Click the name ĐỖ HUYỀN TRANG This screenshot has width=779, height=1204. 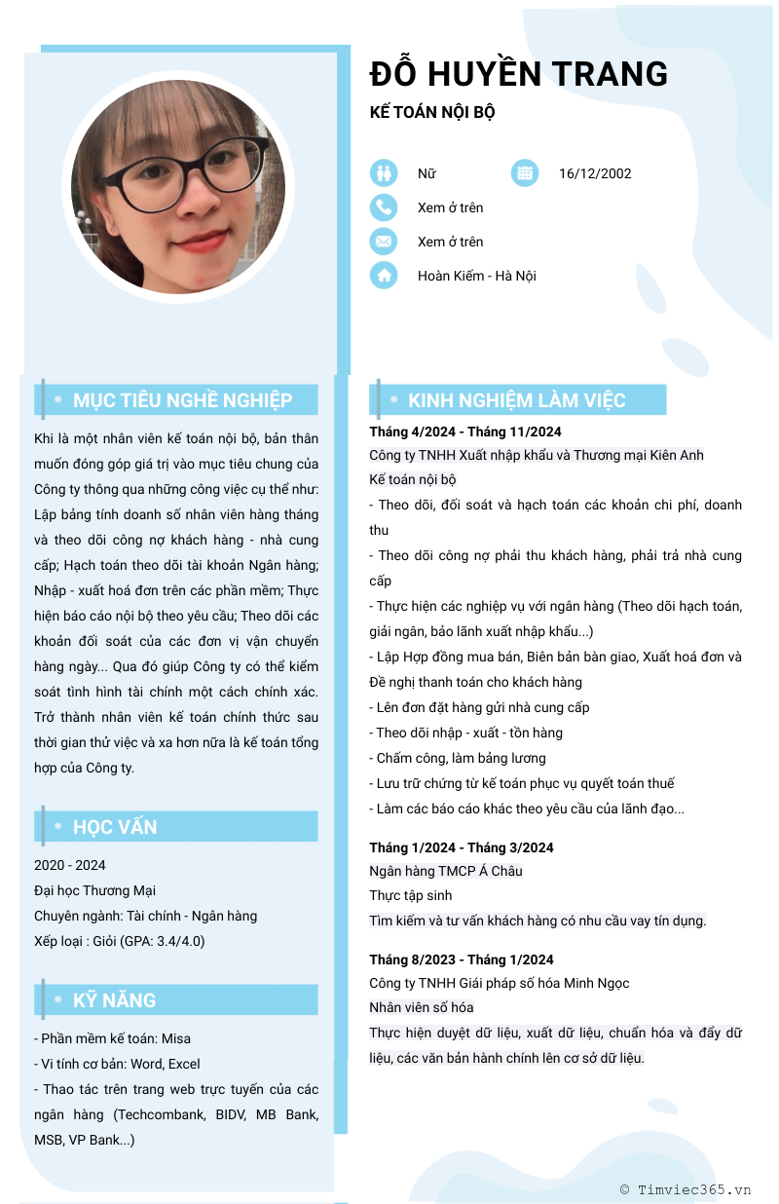(519, 74)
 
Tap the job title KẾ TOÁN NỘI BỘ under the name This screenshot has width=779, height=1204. (432, 112)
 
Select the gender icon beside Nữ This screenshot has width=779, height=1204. (385, 173)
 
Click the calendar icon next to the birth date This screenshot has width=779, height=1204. (525, 173)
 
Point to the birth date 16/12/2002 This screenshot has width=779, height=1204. (595, 173)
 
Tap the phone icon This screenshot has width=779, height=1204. (385, 207)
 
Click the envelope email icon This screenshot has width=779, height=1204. (385, 242)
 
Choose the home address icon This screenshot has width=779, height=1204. (385, 276)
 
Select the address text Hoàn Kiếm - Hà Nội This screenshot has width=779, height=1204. (477, 276)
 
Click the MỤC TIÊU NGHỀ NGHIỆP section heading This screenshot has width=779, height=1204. (182, 400)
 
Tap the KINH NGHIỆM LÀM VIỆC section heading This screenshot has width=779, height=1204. (516, 400)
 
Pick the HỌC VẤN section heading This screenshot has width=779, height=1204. (115, 827)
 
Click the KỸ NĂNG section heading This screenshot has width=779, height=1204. (114, 1000)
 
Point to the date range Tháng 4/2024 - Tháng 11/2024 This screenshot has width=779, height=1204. (464, 432)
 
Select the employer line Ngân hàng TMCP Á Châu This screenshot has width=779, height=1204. (446, 871)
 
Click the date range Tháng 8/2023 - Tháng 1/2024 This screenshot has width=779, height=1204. (461, 959)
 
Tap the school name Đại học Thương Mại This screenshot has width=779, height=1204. (94, 890)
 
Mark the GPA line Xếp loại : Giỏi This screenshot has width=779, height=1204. (119, 941)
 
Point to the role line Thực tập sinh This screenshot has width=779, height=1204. (410, 895)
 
